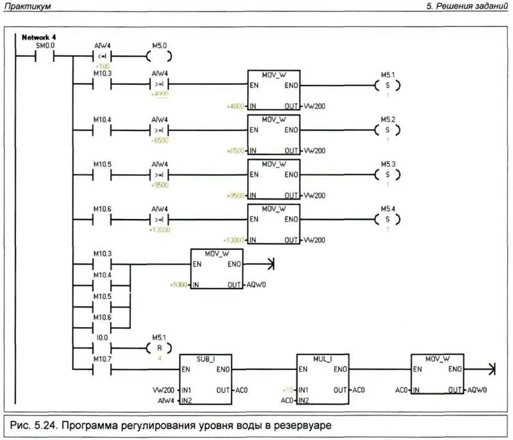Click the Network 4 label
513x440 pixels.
(39, 38)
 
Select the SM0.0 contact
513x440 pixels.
(45, 57)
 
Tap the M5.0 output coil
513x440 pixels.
(159, 57)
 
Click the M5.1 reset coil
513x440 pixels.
(159, 348)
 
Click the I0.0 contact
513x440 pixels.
(102, 348)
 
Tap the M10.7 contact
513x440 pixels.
(102, 370)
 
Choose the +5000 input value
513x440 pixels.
(178, 285)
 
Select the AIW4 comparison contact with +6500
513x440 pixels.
(159, 130)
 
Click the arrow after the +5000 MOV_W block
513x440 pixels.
(269, 263)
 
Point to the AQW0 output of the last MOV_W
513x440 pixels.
(477, 391)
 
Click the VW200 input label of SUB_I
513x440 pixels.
(163, 391)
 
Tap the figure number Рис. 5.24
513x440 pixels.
(40, 425)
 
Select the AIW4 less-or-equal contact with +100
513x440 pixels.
(103, 57)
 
